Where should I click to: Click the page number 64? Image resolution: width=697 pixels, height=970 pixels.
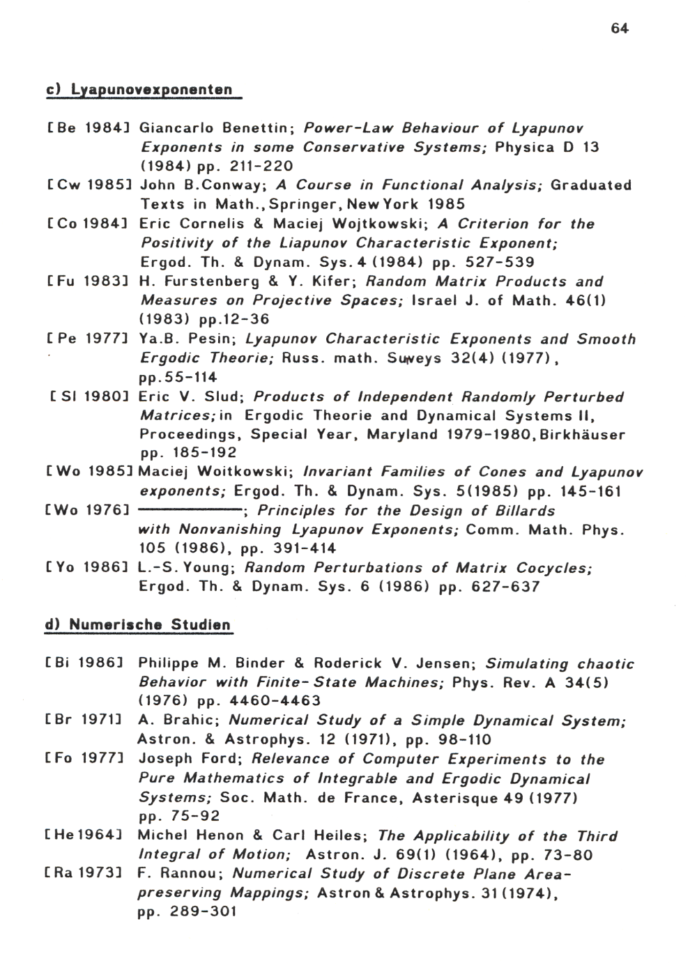coord(620,29)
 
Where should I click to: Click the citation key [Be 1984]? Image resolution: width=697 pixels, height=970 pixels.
coord(87,128)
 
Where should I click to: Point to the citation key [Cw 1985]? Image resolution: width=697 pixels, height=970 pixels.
coord(87,185)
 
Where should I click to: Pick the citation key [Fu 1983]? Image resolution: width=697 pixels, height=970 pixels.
coord(87,282)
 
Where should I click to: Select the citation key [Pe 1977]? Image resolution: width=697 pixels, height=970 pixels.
coord(87,339)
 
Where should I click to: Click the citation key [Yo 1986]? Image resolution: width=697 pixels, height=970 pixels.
coord(87,568)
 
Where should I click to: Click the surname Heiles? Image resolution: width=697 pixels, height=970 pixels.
coord(339,836)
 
